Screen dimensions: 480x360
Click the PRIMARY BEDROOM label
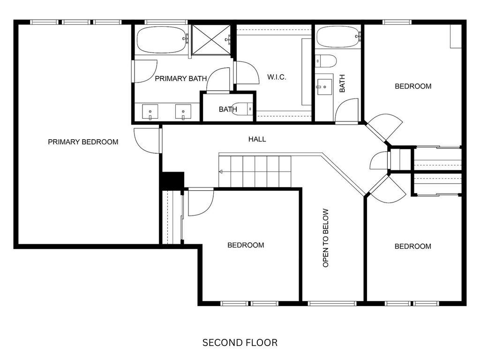[83, 142]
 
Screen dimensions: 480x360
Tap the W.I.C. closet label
[277, 77]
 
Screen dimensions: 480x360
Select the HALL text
[257, 139]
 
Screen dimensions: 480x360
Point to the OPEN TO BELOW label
[325, 238]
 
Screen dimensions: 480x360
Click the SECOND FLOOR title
[240, 343]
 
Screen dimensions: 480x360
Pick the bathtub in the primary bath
[161, 40]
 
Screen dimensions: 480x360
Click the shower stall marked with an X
[211, 40]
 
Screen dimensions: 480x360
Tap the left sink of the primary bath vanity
[150, 112]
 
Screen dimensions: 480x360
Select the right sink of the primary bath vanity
[183, 112]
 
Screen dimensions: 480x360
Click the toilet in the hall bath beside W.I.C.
[326, 61]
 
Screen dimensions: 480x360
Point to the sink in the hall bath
[324, 87]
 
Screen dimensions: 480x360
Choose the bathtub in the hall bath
[338, 37]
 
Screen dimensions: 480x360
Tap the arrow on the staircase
[221, 172]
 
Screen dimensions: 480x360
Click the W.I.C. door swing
[247, 73]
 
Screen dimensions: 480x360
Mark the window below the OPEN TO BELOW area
[332, 304]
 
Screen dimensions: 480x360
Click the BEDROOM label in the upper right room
[413, 86]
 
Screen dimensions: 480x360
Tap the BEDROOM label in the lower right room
[412, 247]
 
